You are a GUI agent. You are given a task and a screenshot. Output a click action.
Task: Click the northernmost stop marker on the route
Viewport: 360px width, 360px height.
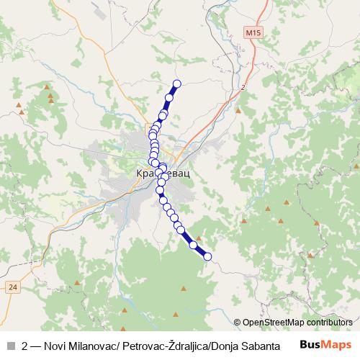tap(176, 84)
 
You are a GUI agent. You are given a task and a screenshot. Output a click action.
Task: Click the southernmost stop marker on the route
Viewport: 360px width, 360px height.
tap(208, 256)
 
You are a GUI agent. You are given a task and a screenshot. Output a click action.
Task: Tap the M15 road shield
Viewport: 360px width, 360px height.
tap(251, 33)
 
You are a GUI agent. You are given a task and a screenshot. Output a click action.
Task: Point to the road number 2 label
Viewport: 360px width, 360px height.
tap(243, 87)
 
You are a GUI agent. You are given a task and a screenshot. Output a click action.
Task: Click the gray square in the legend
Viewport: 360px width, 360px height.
tap(10, 346)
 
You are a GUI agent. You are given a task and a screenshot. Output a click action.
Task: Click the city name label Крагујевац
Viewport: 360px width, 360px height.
tap(164, 174)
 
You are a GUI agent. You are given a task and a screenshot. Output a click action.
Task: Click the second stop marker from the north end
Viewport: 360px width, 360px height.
tap(170, 97)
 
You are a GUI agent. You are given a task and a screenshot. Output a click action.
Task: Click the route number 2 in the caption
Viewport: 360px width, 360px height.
tap(26, 346)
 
